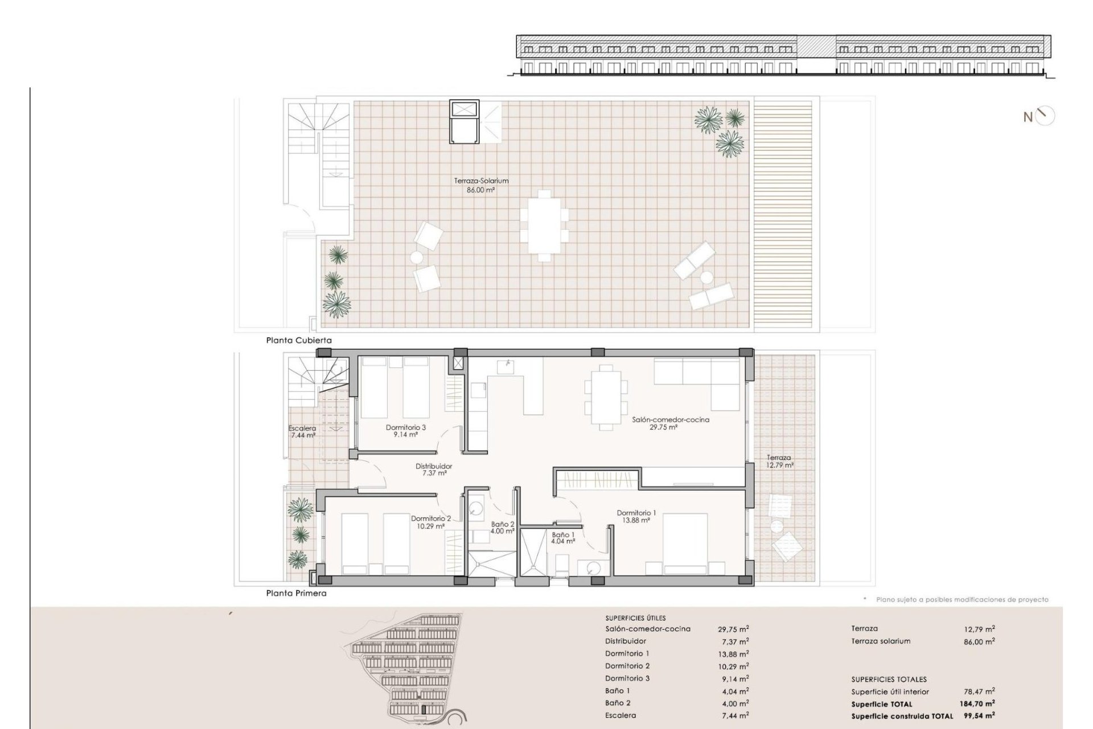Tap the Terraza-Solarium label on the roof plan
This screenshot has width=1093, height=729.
pyautogui.click(x=481, y=181)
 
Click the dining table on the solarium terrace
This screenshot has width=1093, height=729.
pyautogui.click(x=544, y=225)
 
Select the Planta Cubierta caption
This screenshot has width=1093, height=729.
pyautogui.click(x=299, y=340)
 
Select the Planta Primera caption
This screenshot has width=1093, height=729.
pyautogui.click(x=297, y=593)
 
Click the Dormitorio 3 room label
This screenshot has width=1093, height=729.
pyautogui.click(x=406, y=427)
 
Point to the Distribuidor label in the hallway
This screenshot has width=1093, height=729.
pyautogui.click(x=434, y=466)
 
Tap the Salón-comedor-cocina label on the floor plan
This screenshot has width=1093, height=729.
pyautogui.click(x=671, y=420)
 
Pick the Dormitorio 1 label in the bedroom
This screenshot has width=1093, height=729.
pyautogui.click(x=636, y=513)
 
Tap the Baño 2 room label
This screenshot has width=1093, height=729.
pyautogui.click(x=503, y=524)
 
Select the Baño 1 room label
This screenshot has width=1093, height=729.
pyautogui.click(x=562, y=535)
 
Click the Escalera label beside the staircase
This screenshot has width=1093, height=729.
pyautogui.click(x=302, y=428)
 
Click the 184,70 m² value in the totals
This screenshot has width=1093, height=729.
pyautogui.click(x=977, y=704)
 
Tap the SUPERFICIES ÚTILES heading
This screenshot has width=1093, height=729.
pyautogui.click(x=635, y=618)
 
